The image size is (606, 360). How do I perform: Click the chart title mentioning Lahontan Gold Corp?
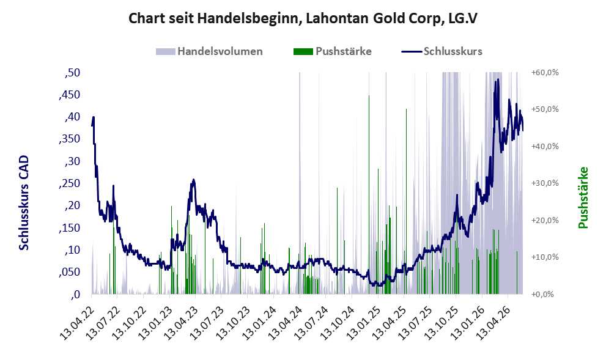303,18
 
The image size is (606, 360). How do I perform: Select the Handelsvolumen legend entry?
209,51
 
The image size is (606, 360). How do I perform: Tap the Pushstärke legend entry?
333,51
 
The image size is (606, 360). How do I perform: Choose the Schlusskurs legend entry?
442,51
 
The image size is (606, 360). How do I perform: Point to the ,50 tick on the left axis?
72,73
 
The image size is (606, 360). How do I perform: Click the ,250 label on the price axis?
69,183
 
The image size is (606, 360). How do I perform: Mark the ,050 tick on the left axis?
69,273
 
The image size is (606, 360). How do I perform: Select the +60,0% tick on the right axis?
545,73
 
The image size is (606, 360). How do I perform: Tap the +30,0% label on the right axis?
545,183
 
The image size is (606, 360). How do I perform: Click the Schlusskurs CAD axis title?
24,202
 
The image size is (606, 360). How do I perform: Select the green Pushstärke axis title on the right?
583,197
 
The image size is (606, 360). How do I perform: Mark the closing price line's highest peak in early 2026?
498,79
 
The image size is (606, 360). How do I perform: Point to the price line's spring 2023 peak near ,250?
194,180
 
